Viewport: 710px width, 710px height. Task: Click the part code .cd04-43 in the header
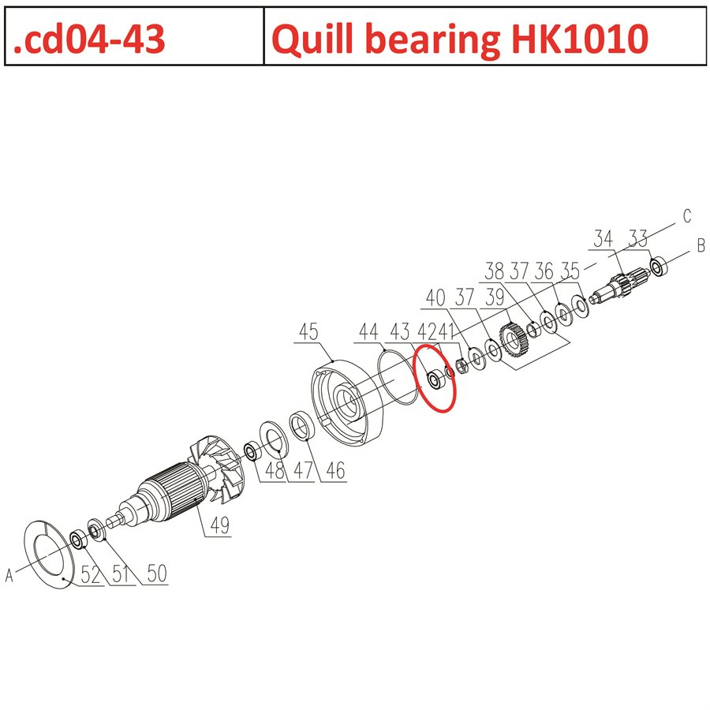click(89, 38)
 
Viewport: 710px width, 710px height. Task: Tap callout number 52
click(93, 574)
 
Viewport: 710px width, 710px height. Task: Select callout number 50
click(157, 574)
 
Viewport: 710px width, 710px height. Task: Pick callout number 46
click(334, 471)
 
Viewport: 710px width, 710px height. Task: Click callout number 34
click(603, 238)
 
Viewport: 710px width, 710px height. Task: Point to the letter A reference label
click(10, 577)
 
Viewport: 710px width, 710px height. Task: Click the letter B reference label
click(700, 246)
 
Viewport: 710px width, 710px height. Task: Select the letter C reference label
click(686, 215)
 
